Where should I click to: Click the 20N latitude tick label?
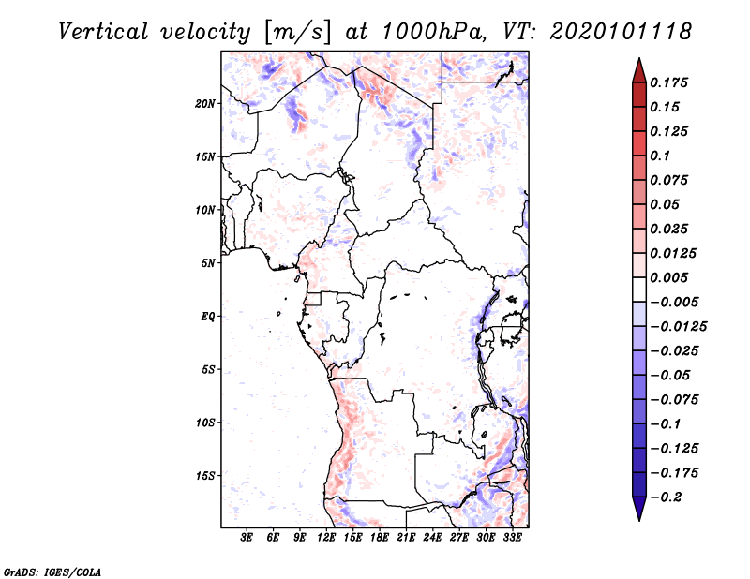205,103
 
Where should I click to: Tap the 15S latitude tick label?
205,475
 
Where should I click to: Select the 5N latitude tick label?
208,262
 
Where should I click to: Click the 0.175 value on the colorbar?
670,82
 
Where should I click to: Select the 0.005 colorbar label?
670,277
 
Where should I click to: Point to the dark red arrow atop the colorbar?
638,69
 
